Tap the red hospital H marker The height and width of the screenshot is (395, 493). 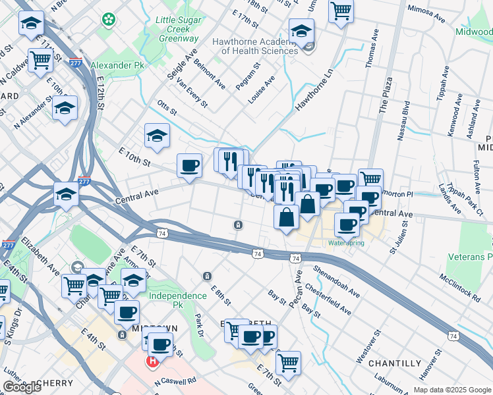click(x=152, y=361)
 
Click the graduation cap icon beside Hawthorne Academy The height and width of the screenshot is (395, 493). click(x=301, y=30)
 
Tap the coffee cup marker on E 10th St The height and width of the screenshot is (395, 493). click(x=190, y=165)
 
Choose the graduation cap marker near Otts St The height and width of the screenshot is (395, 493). click(x=157, y=136)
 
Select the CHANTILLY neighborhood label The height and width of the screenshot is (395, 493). click(x=395, y=363)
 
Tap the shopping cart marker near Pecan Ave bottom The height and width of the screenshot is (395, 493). click(x=288, y=362)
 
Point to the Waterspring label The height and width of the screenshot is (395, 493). click(x=346, y=243)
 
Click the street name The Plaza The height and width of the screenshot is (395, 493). click(x=386, y=96)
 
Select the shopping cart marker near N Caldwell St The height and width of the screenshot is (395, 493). click(x=41, y=60)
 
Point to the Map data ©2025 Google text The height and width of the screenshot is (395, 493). click(x=451, y=390)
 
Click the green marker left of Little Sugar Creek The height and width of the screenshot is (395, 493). click(x=107, y=20)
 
